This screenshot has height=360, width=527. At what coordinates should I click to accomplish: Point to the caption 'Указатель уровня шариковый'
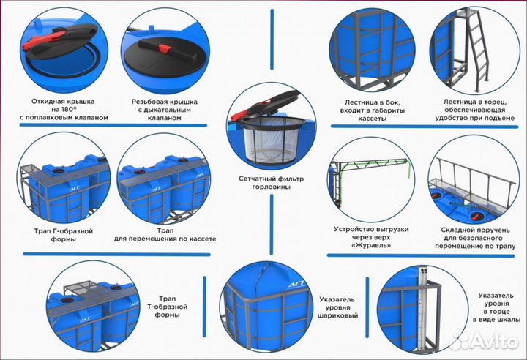339,307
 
